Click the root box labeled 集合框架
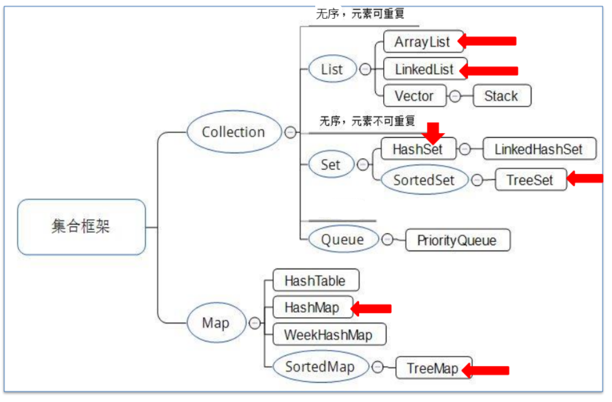[81, 227]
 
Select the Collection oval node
[233, 132]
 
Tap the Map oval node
[216, 323]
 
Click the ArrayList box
[422, 42]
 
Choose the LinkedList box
[424, 70]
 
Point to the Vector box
[414, 96]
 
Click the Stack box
[501, 96]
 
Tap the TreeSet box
[530, 180]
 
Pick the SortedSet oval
[424, 180]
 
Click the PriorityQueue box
[456, 240]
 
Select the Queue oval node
[342, 240]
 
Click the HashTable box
[315, 281]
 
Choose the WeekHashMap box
[328, 335]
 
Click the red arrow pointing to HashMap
[372, 309]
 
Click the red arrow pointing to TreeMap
[486, 370]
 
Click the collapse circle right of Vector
[455, 96]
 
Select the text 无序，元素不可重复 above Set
[367, 121]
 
